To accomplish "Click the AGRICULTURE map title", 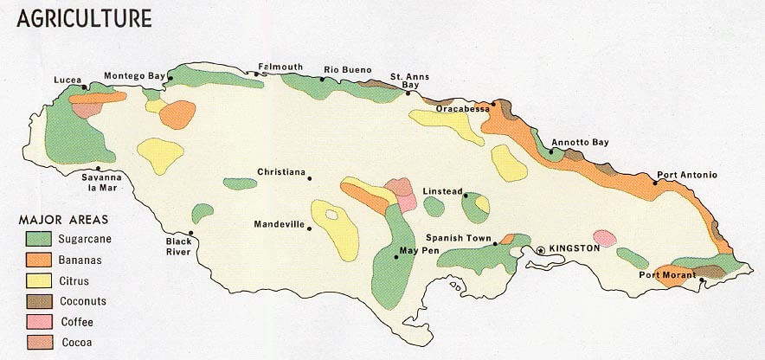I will click(x=84, y=18).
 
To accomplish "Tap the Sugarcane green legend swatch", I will click(x=35, y=238).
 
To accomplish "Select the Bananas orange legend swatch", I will click(x=35, y=259).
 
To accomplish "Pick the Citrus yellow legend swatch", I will click(x=35, y=280).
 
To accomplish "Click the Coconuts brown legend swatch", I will click(x=35, y=300).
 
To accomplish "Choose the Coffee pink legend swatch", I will click(x=35, y=321).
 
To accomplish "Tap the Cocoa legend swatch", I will click(x=35, y=342).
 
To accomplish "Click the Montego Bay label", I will click(x=134, y=76).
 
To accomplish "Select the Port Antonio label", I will click(x=687, y=175).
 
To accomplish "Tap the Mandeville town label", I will click(x=279, y=224).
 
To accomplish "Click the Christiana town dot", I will click(x=311, y=179).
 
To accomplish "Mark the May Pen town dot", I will click(x=396, y=257).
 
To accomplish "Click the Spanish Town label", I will click(x=459, y=238).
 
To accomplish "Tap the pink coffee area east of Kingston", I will click(x=605, y=238).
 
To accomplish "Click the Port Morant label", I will click(x=666, y=275).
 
